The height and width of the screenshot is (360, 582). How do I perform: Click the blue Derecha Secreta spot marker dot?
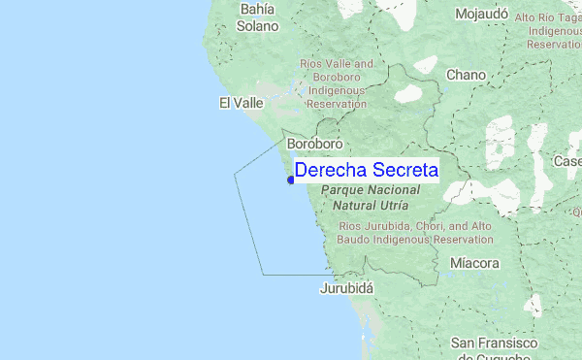pos(291,179)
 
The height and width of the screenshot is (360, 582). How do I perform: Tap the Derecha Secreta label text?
pos(366,171)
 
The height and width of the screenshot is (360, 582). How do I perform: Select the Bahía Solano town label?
pos(258,17)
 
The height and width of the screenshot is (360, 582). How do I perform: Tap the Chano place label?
pos(466,75)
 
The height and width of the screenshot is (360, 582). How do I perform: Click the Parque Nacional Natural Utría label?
pos(371,199)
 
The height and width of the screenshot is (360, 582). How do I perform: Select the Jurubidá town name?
pos(346,288)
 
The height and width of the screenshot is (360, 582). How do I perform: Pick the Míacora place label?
pos(475,263)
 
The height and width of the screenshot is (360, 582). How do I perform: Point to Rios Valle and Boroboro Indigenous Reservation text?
pos(337,83)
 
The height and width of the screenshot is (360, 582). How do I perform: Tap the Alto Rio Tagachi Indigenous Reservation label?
pos(549,31)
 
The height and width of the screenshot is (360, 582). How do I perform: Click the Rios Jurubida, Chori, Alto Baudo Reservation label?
pos(415,233)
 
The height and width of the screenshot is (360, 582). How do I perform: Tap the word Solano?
pos(258,26)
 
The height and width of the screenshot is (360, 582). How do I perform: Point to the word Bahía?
pos(258,9)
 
